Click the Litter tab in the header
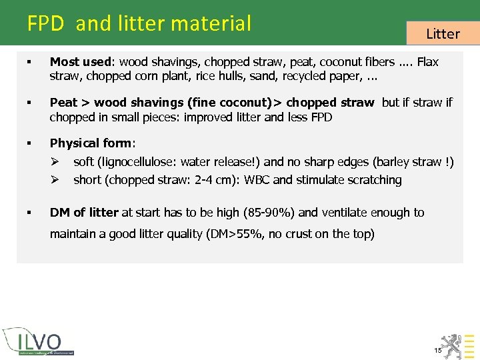[x=443, y=33]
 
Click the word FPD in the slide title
[x=45, y=24]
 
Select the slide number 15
[x=437, y=350]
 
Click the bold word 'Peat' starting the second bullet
[x=63, y=103]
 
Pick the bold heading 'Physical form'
[x=92, y=143]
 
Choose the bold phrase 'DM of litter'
[x=84, y=213]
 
